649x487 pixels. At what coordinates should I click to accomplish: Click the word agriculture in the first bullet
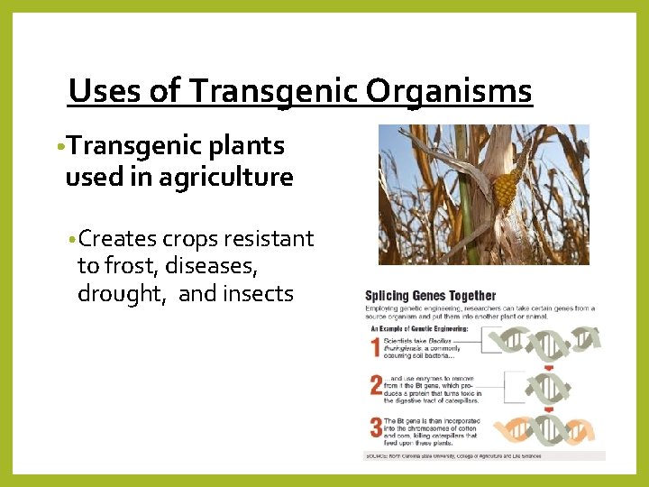pos(226,178)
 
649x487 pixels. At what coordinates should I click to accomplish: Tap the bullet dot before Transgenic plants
pos(59,147)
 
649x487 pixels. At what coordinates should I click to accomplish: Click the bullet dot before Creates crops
pos(72,240)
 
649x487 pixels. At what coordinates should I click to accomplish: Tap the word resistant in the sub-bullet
pos(269,239)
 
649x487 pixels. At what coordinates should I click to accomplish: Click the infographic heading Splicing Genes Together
pos(430,295)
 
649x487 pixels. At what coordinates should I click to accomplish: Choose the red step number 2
pos(375,386)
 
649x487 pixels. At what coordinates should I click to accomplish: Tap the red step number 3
pos(375,427)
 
